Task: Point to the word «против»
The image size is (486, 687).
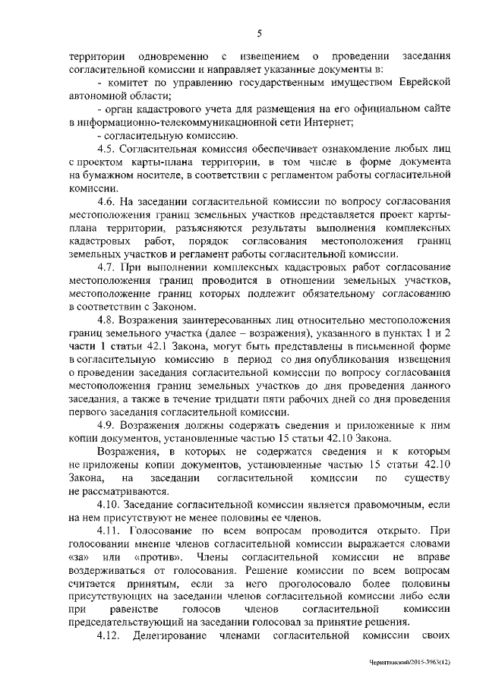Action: (x=158, y=556)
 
